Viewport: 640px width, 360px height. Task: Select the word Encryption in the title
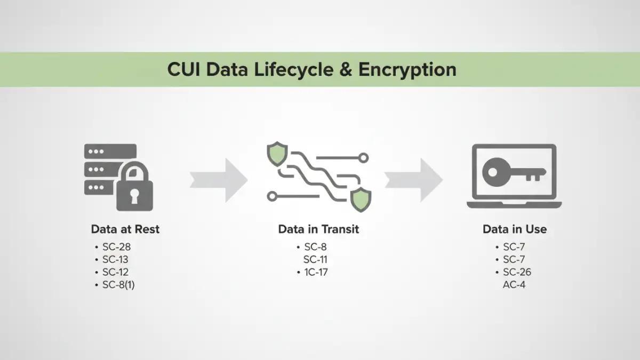coord(407,70)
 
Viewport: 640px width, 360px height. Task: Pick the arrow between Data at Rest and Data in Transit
coord(219,179)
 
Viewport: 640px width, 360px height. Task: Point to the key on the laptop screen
coord(513,172)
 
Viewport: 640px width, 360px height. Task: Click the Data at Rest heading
coord(125,229)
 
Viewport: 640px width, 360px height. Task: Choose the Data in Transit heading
coord(318,229)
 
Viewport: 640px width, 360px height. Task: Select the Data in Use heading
coord(514,229)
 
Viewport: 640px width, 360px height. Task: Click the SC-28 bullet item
coord(116,247)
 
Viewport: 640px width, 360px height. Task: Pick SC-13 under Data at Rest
coord(115,260)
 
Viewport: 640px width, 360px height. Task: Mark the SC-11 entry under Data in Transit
coord(315,260)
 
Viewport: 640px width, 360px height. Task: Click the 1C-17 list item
coord(316,273)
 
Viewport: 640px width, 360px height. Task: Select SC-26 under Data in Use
coord(517,273)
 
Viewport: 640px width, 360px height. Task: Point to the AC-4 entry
coord(515,285)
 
